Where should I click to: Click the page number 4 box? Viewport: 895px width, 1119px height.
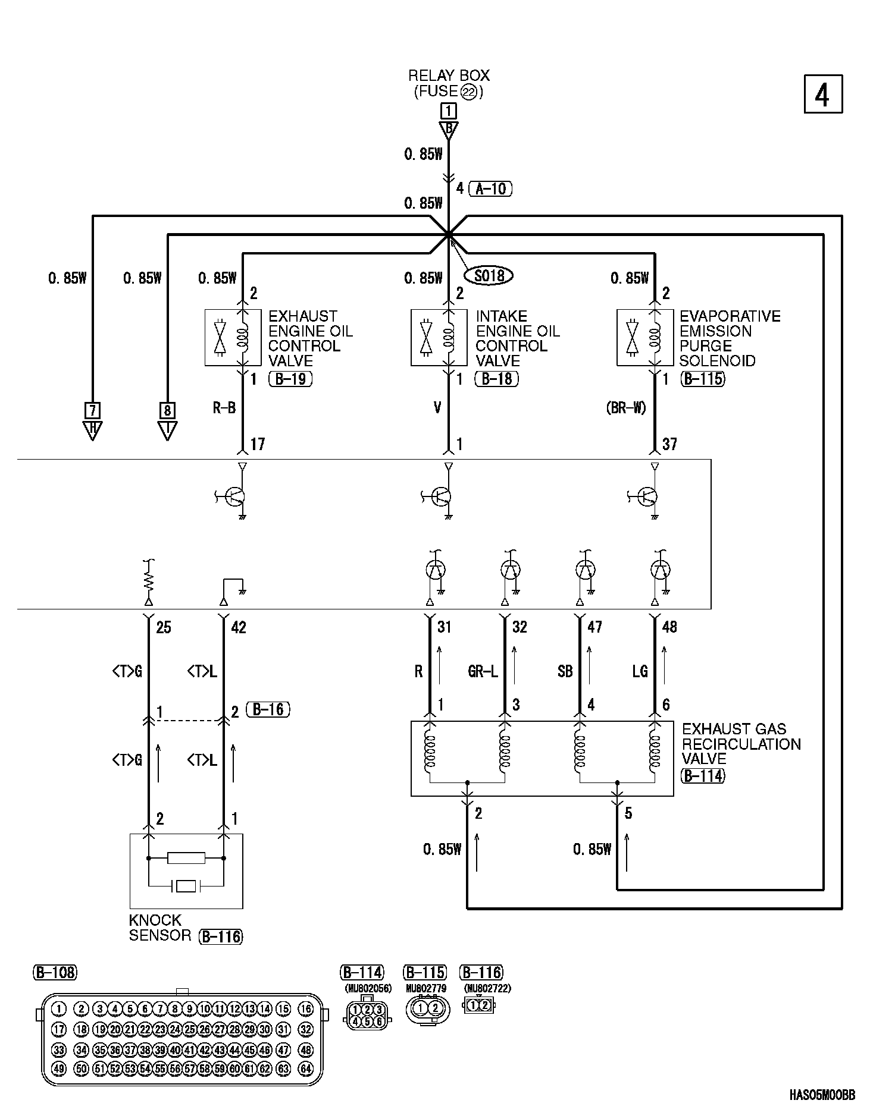click(x=823, y=94)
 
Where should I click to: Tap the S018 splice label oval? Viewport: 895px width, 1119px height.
click(x=489, y=275)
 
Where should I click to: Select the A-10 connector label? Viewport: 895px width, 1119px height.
click(x=490, y=189)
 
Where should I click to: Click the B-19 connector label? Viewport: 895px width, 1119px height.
click(x=290, y=379)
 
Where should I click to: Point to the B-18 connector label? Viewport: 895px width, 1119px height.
click(x=497, y=379)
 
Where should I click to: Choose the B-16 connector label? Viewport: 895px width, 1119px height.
click(x=268, y=709)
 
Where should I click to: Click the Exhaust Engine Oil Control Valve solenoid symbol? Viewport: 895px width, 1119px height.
click(x=233, y=337)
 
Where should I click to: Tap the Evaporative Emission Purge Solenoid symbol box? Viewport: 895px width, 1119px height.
click(x=645, y=337)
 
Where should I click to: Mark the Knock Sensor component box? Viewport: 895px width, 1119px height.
click(x=186, y=871)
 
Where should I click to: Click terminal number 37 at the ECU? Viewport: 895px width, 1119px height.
click(x=669, y=444)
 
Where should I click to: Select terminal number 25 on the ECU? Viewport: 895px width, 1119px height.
click(x=163, y=627)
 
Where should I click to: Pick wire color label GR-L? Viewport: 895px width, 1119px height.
click(x=483, y=671)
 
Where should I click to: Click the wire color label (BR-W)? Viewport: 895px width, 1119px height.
click(x=626, y=408)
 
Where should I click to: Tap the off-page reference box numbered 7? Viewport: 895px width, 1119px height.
click(x=92, y=410)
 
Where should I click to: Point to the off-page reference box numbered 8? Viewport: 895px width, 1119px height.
click(x=168, y=410)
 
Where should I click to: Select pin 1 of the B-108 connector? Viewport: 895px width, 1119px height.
click(x=59, y=1008)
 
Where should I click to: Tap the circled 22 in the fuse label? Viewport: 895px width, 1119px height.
click(x=469, y=92)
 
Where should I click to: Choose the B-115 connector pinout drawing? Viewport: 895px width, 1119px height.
click(x=427, y=1008)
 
